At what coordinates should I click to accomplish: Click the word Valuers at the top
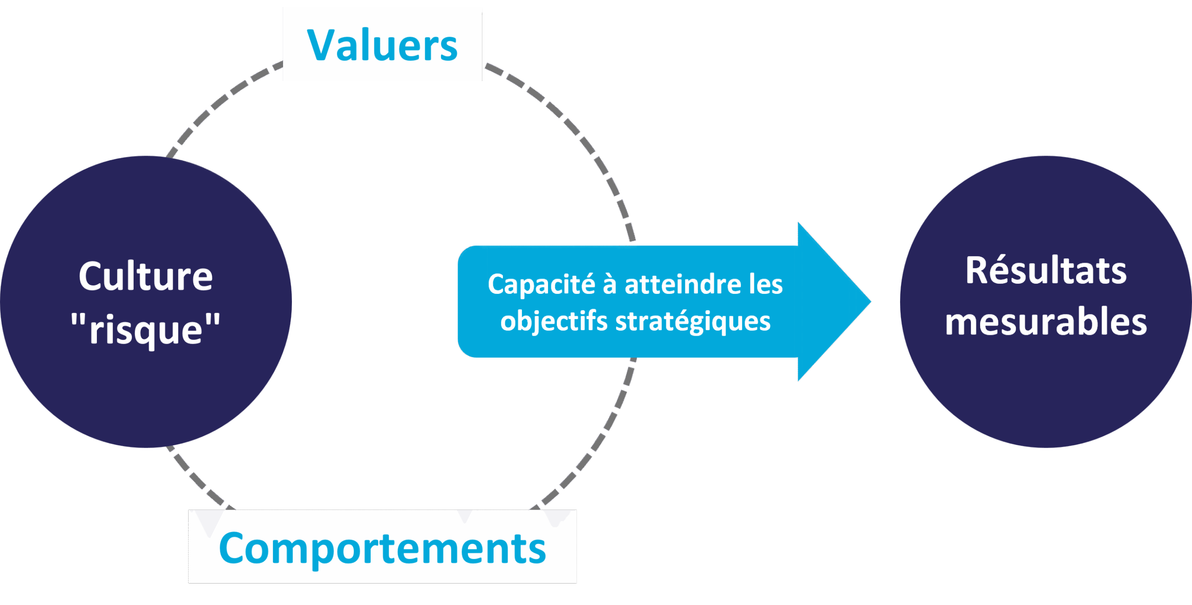coord(382,45)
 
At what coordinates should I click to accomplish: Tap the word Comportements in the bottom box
coord(382,548)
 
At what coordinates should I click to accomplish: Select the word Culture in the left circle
coord(146,277)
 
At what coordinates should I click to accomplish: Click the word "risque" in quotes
coord(146,329)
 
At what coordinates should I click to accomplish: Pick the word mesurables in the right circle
coord(1046,322)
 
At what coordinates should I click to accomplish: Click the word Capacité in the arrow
coord(542,284)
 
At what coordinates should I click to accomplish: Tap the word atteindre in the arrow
coord(683,285)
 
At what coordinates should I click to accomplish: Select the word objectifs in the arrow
coord(554,322)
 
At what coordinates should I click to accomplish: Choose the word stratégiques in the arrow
coord(693,322)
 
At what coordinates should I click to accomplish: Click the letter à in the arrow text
coord(610,284)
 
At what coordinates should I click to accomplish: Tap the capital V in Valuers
coord(322,45)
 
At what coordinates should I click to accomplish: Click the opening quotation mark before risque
coord(79,321)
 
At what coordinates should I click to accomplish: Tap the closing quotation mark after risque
coord(212,321)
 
